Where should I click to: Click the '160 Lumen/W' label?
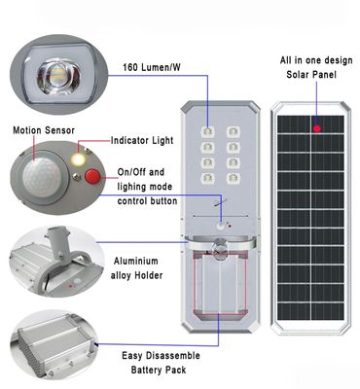tap(152, 67)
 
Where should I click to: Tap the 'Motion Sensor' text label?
tap(44, 130)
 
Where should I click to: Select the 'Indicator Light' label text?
tap(142, 141)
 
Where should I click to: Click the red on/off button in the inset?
tap(92, 176)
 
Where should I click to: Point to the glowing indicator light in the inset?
tap(78, 159)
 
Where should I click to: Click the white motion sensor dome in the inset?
tap(41, 176)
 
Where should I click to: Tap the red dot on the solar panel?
tap(317, 129)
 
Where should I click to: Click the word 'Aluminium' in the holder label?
tap(136, 262)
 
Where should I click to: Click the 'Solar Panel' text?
tap(311, 75)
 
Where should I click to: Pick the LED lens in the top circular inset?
tap(58, 76)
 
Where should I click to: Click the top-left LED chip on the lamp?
tap(207, 132)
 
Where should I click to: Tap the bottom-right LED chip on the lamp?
tap(234, 178)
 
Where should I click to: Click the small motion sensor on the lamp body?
tap(222, 227)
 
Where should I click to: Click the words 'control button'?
tap(147, 201)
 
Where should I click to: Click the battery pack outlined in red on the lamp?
tap(220, 284)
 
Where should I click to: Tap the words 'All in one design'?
tap(316, 60)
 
